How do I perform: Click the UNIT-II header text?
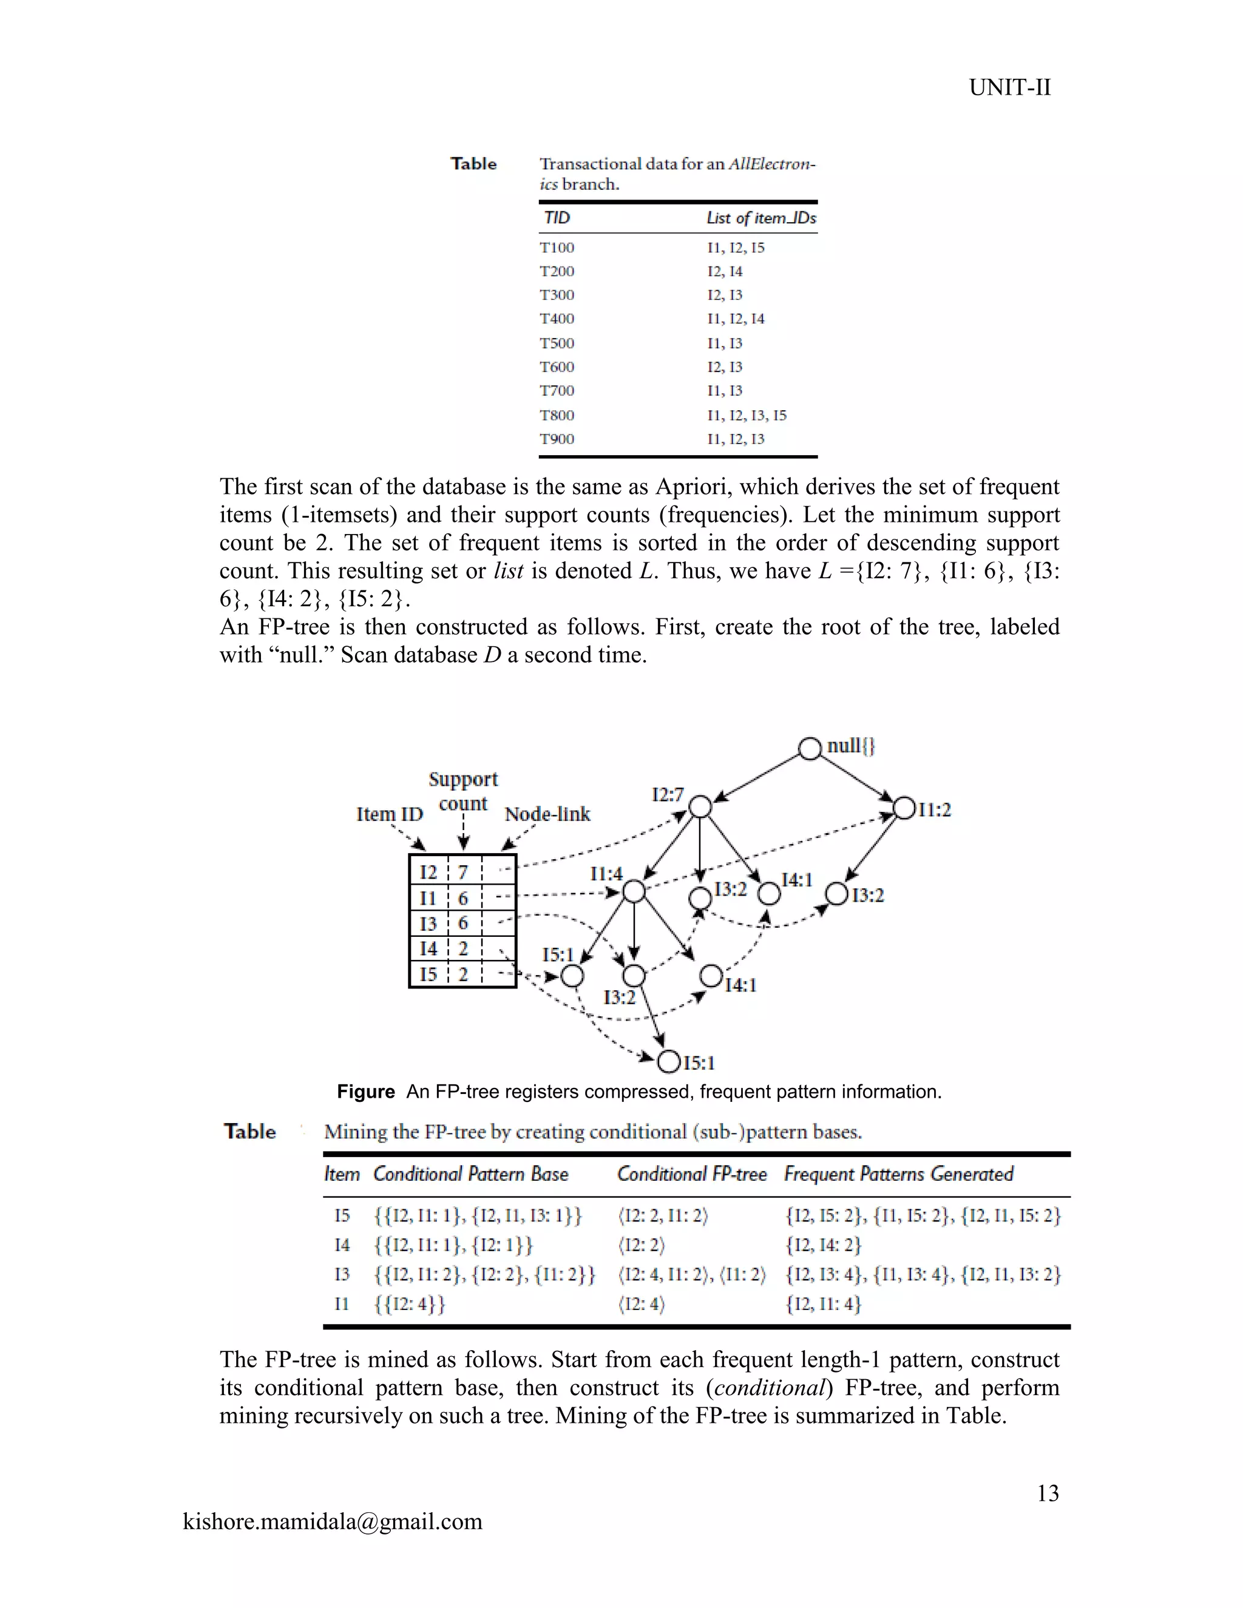pos(1009,87)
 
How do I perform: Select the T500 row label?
pos(557,343)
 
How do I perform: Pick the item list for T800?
pos(746,415)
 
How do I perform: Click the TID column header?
pos(557,218)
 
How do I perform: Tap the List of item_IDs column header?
pos(760,218)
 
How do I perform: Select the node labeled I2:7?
pos(700,806)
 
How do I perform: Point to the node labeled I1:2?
pos(904,808)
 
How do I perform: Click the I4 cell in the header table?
pos(428,948)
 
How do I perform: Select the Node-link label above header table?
pos(547,814)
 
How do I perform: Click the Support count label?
pos(463,791)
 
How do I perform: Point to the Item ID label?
pos(390,814)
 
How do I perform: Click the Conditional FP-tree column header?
pos(691,1174)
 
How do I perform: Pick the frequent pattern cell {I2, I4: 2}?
pos(822,1245)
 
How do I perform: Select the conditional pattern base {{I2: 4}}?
pos(410,1304)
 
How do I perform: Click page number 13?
pos(1047,1493)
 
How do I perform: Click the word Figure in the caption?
pos(365,1092)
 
